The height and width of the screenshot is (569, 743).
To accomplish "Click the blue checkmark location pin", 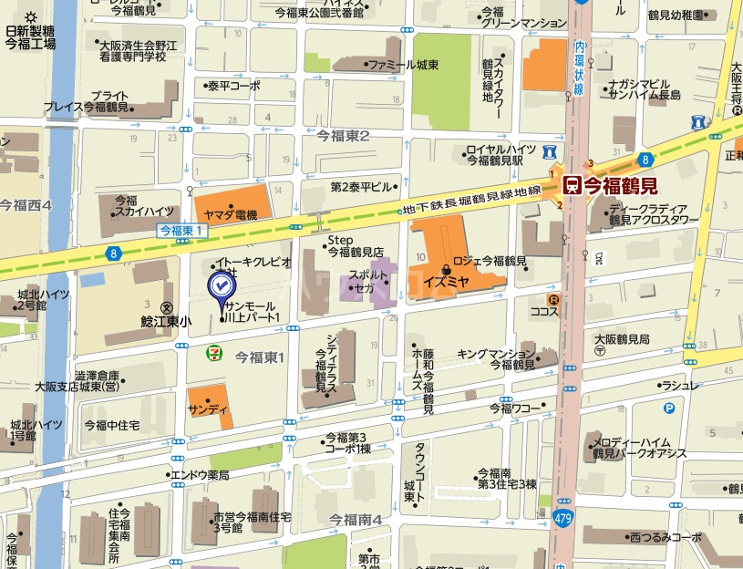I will click(x=220, y=287).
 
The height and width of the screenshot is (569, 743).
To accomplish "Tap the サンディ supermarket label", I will click(x=209, y=409).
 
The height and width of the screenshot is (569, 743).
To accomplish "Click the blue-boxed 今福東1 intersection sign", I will click(x=179, y=231).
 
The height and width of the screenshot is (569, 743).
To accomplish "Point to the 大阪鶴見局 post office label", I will click(x=622, y=338).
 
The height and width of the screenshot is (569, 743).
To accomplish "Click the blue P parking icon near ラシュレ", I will click(x=668, y=409).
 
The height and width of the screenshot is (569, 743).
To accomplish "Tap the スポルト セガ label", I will click(x=367, y=281).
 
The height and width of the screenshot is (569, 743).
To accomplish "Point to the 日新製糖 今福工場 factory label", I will click(x=30, y=37).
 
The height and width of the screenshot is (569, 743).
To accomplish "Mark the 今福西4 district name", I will click(x=26, y=205).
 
